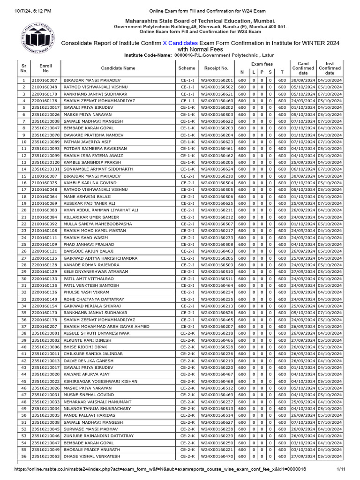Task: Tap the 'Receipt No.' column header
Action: click(216, 68)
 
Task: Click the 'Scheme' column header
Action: click(187, 68)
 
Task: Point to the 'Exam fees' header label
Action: click(262, 64)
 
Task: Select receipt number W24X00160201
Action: click(216, 80)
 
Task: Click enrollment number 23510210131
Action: click(46, 169)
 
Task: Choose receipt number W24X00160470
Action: click(216, 456)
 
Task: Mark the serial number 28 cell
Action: click(23, 265)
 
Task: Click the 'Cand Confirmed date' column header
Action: click(303, 68)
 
